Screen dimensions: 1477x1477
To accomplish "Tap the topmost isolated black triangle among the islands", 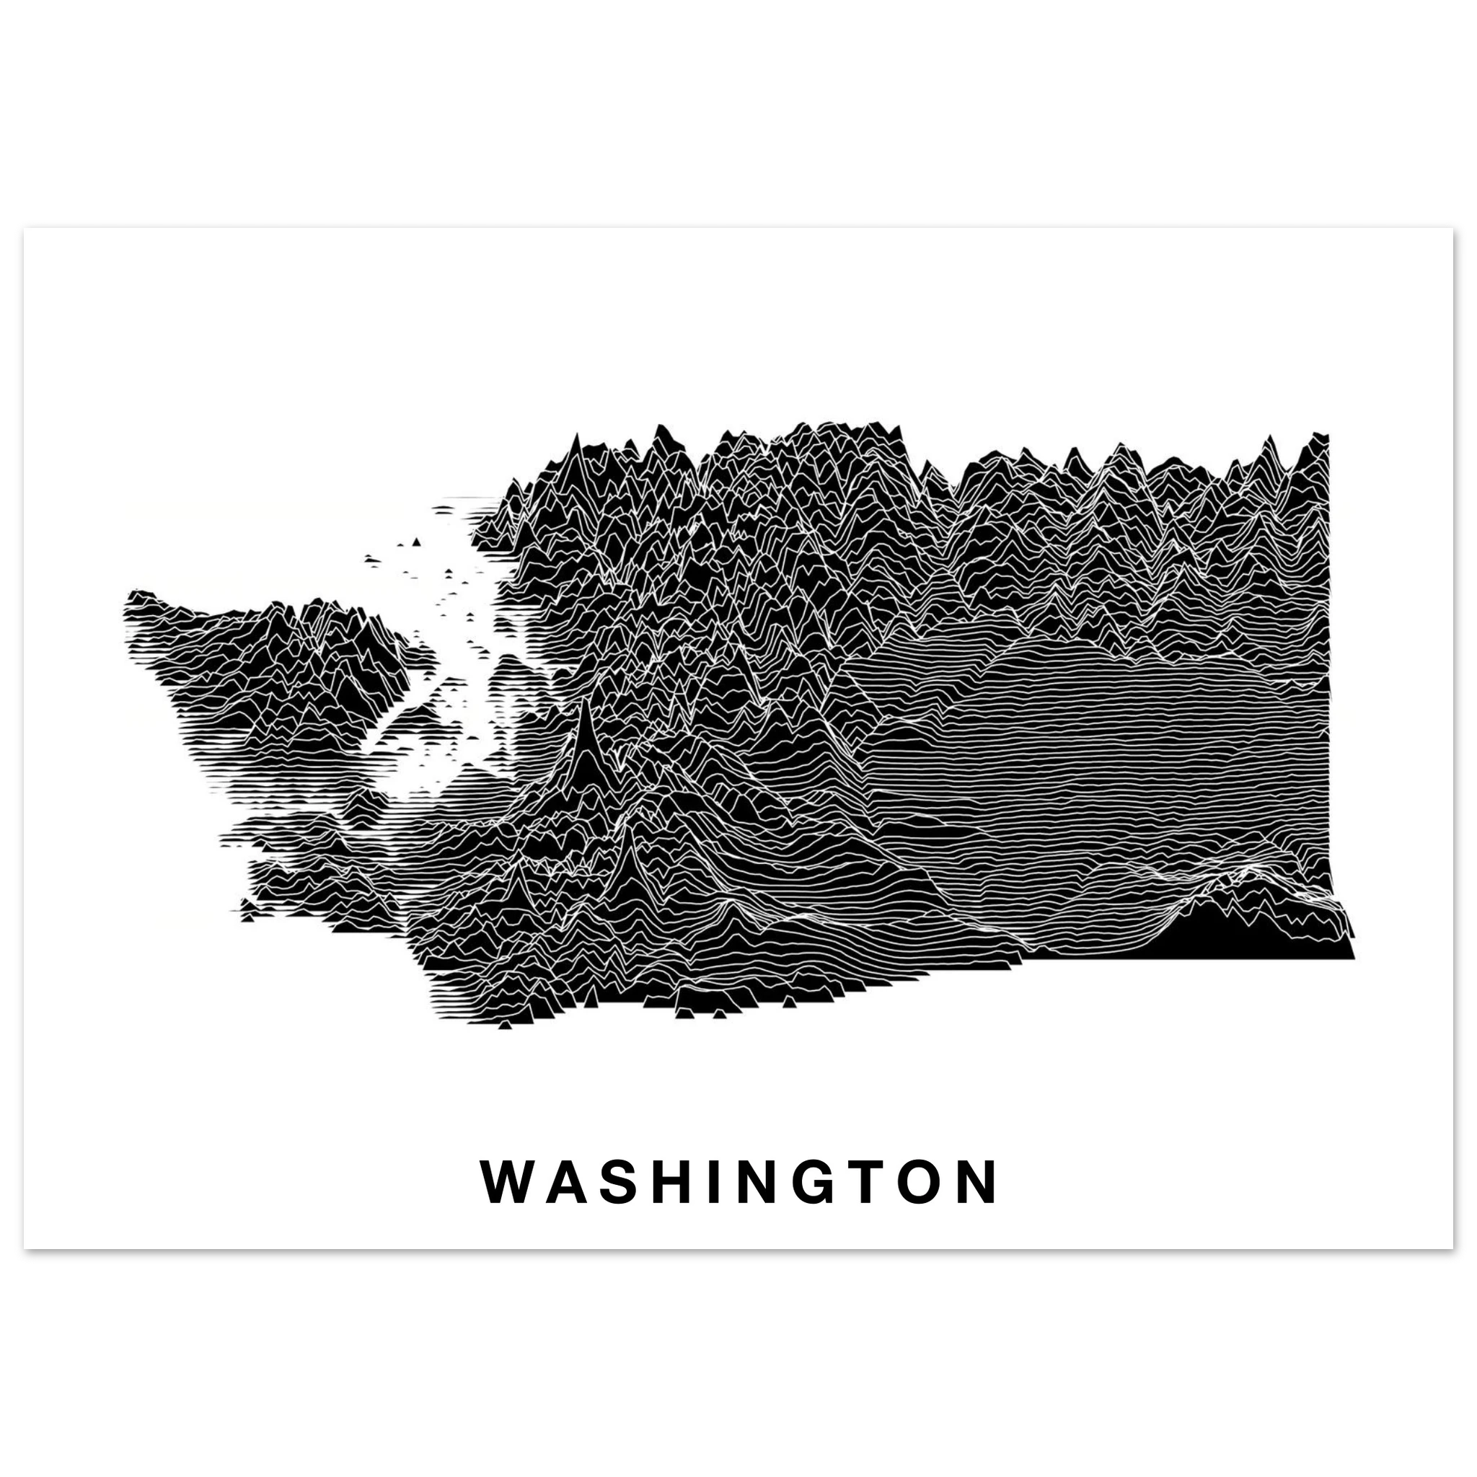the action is click(x=416, y=542).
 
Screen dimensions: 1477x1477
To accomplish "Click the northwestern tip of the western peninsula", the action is click(x=131, y=595).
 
